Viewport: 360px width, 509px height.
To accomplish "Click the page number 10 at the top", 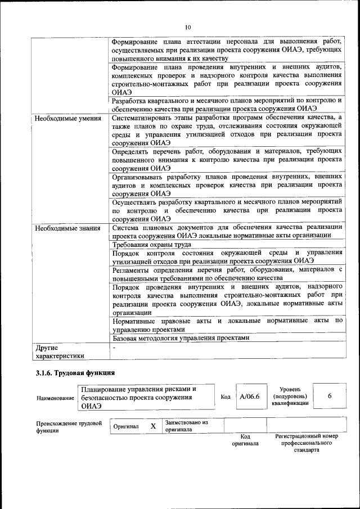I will click(x=188, y=27).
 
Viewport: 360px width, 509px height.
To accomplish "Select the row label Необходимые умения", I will click(x=67, y=119).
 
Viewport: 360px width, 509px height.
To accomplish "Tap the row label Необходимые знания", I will click(x=67, y=228).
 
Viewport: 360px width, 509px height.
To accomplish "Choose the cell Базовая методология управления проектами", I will click(x=180, y=338).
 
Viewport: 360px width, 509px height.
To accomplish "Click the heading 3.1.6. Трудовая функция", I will click(x=75, y=373).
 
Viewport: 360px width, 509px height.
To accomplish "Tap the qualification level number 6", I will click(x=330, y=397).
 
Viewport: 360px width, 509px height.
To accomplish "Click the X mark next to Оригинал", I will click(x=153, y=426).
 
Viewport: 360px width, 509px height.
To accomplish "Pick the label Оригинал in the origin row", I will click(x=126, y=427).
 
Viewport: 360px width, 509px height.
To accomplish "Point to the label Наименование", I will click(x=55, y=398).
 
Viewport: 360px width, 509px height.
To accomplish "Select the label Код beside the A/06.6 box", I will click(x=226, y=397).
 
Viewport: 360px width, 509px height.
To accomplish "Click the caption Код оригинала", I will click(x=245, y=440).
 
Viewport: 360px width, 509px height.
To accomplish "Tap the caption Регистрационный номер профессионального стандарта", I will click(x=306, y=443).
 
